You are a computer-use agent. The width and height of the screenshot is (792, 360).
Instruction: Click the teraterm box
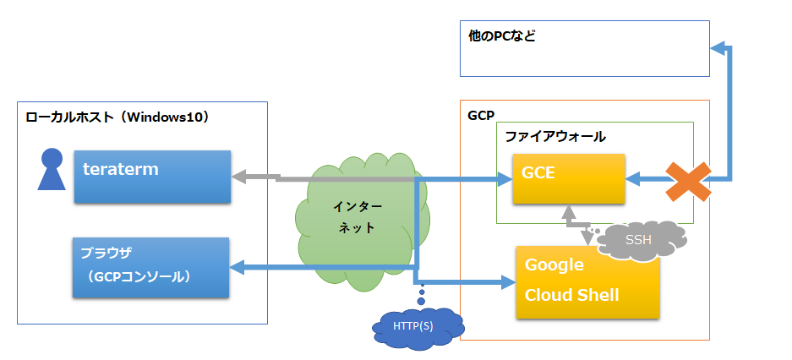pyautogui.click(x=152, y=177)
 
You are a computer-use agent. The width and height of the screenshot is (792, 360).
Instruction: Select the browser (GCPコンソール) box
pyautogui.click(x=152, y=267)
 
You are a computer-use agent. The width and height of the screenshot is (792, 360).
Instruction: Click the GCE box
pyautogui.click(x=568, y=178)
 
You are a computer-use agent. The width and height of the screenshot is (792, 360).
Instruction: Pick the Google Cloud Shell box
pyautogui.click(x=587, y=281)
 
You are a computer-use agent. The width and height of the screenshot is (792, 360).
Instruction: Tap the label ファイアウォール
pyautogui.click(x=555, y=135)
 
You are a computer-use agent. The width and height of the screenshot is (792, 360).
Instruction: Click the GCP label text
pyautogui.click(x=481, y=113)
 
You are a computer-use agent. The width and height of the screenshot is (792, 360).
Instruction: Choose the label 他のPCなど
pyautogui.click(x=502, y=37)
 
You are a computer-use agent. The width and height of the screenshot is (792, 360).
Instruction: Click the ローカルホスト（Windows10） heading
pyautogui.click(x=117, y=117)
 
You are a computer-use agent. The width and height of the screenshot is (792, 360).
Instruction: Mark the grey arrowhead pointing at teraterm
pyautogui.click(x=239, y=177)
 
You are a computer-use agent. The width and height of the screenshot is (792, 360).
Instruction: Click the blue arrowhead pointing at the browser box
pyautogui.click(x=238, y=268)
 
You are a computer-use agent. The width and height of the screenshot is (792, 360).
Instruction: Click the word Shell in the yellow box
pyautogui.click(x=595, y=295)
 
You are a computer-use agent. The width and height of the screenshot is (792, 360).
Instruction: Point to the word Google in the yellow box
pyautogui.click(x=554, y=265)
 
